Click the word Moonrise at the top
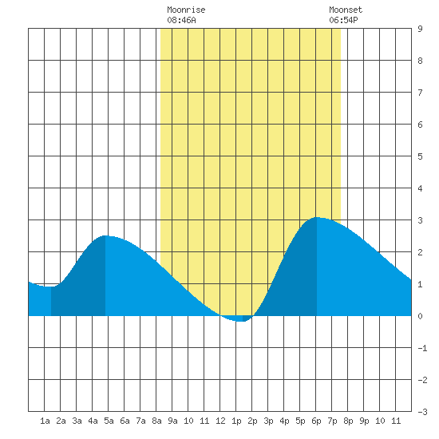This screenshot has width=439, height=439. (186, 10)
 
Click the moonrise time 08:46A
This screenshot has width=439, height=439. (181, 20)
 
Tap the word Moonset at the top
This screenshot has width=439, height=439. (346, 10)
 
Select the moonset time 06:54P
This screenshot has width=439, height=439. (343, 20)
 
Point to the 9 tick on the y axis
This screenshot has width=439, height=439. (420, 29)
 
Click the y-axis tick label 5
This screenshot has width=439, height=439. (420, 156)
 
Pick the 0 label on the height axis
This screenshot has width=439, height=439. (420, 316)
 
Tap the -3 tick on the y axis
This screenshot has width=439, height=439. (422, 412)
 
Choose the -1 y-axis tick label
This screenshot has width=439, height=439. (422, 348)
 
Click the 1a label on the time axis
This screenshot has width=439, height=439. (45, 421)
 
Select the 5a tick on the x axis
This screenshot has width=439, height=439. (109, 421)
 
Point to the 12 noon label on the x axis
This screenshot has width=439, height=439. (220, 421)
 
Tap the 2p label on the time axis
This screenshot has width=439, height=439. (252, 421)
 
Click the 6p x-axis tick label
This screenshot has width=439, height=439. (316, 421)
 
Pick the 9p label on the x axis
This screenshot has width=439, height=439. (364, 421)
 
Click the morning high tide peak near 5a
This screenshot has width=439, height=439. (105, 235)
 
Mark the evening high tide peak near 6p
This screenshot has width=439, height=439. (317, 217)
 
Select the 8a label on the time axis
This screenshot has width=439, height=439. (156, 421)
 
